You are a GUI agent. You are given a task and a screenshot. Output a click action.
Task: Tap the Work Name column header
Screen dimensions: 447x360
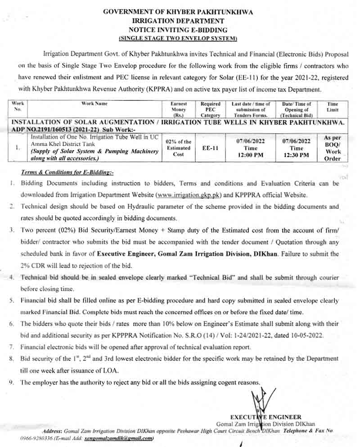pyautogui.click(x=94, y=104)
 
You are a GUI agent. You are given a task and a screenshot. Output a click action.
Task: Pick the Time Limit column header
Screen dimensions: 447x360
pyautogui.click(x=333, y=107)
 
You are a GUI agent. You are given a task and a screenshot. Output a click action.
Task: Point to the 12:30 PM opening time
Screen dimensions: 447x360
pyautogui.click(x=297, y=155)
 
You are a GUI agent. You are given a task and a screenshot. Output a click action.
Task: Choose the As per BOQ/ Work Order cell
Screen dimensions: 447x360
pyautogui.click(x=333, y=148)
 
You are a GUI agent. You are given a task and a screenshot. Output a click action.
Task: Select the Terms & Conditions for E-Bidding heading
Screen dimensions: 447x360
pyautogui.click(x=60, y=172)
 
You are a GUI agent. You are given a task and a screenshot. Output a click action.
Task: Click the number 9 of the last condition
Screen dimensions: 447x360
pyautogui.click(x=11, y=383)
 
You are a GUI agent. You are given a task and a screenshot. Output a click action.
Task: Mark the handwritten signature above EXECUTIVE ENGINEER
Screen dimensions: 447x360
pyautogui.click(x=258, y=401)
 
